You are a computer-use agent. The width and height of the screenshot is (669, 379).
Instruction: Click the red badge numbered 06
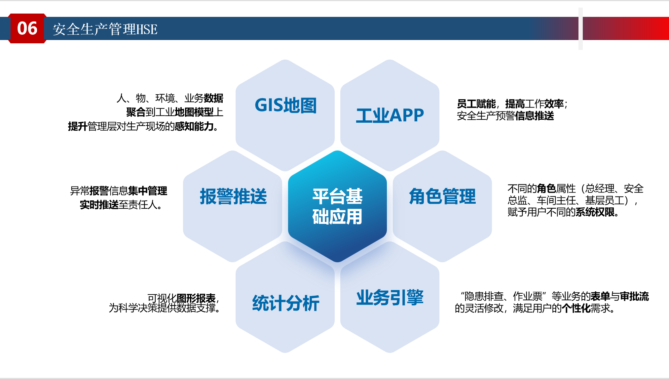click(x=27, y=28)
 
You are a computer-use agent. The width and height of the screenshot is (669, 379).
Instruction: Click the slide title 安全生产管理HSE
click(x=105, y=29)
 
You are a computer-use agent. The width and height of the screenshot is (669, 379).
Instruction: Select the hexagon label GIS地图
click(x=286, y=105)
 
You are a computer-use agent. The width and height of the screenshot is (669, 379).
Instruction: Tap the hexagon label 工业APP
click(x=390, y=115)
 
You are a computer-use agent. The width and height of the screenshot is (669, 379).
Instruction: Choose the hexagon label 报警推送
click(x=233, y=196)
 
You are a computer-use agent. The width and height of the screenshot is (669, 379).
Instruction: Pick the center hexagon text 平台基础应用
click(x=337, y=206)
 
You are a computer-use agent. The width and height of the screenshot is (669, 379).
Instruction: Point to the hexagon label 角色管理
click(x=442, y=196)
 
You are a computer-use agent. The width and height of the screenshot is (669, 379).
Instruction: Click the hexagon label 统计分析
click(x=286, y=303)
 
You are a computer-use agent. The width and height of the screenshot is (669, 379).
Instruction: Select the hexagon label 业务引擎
click(x=390, y=297)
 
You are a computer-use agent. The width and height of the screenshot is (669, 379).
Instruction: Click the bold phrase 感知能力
click(x=194, y=126)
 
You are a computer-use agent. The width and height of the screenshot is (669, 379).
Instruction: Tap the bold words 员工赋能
click(x=476, y=104)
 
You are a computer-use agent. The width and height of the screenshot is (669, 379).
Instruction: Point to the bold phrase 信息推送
click(x=535, y=116)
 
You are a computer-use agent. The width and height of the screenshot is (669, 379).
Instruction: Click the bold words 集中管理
click(x=148, y=191)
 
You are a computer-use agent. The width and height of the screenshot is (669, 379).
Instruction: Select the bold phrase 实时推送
click(x=99, y=205)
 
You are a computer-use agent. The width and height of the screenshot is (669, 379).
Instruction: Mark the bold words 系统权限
click(x=595, y=212)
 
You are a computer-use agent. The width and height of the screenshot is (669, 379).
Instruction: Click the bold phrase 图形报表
click(x=196, y=298)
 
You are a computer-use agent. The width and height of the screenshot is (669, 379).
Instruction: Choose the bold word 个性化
click(x=576, y=308)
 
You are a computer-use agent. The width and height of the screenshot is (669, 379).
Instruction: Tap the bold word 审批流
click(x=634, y=296)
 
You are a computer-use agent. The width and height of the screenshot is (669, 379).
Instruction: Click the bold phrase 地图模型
click(x=194, y=112)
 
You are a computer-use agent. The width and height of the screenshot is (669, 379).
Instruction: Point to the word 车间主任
click(x=556, y=200)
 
